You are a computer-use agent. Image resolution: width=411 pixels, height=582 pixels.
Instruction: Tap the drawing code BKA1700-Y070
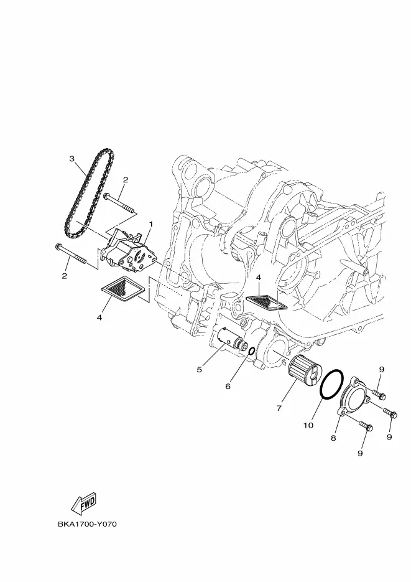(87, 525)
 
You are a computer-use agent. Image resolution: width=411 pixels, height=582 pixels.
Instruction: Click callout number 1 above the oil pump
(151, 224)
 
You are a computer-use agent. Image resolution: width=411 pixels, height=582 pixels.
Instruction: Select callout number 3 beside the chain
(72, 159)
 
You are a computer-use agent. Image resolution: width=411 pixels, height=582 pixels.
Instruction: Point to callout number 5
(200, 370)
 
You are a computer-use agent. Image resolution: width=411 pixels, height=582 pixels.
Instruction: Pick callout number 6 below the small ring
(228, 387)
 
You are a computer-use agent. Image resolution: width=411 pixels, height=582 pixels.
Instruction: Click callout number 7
(279, 408)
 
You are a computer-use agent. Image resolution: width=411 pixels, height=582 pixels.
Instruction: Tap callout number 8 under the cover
(333, 438)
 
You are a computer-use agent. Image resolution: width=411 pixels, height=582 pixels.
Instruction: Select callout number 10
(308, 425)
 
